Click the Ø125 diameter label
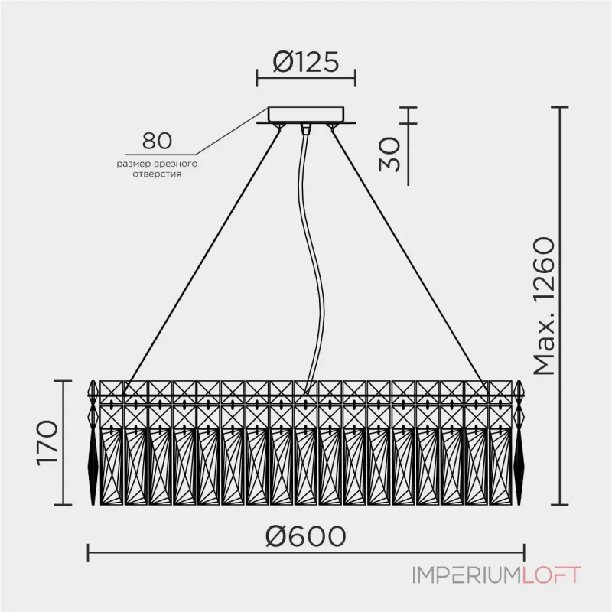[x=306, y=62]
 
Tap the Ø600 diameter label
[x=305, y=536]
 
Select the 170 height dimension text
[x=47, y=443]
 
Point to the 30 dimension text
[x=389, y=155]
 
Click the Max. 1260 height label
[x=544, y=306]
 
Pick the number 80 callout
[x=157, y=141]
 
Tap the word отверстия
[x=157, y=174]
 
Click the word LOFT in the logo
[x=552, y=575]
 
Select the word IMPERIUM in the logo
[x=467, y=575]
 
